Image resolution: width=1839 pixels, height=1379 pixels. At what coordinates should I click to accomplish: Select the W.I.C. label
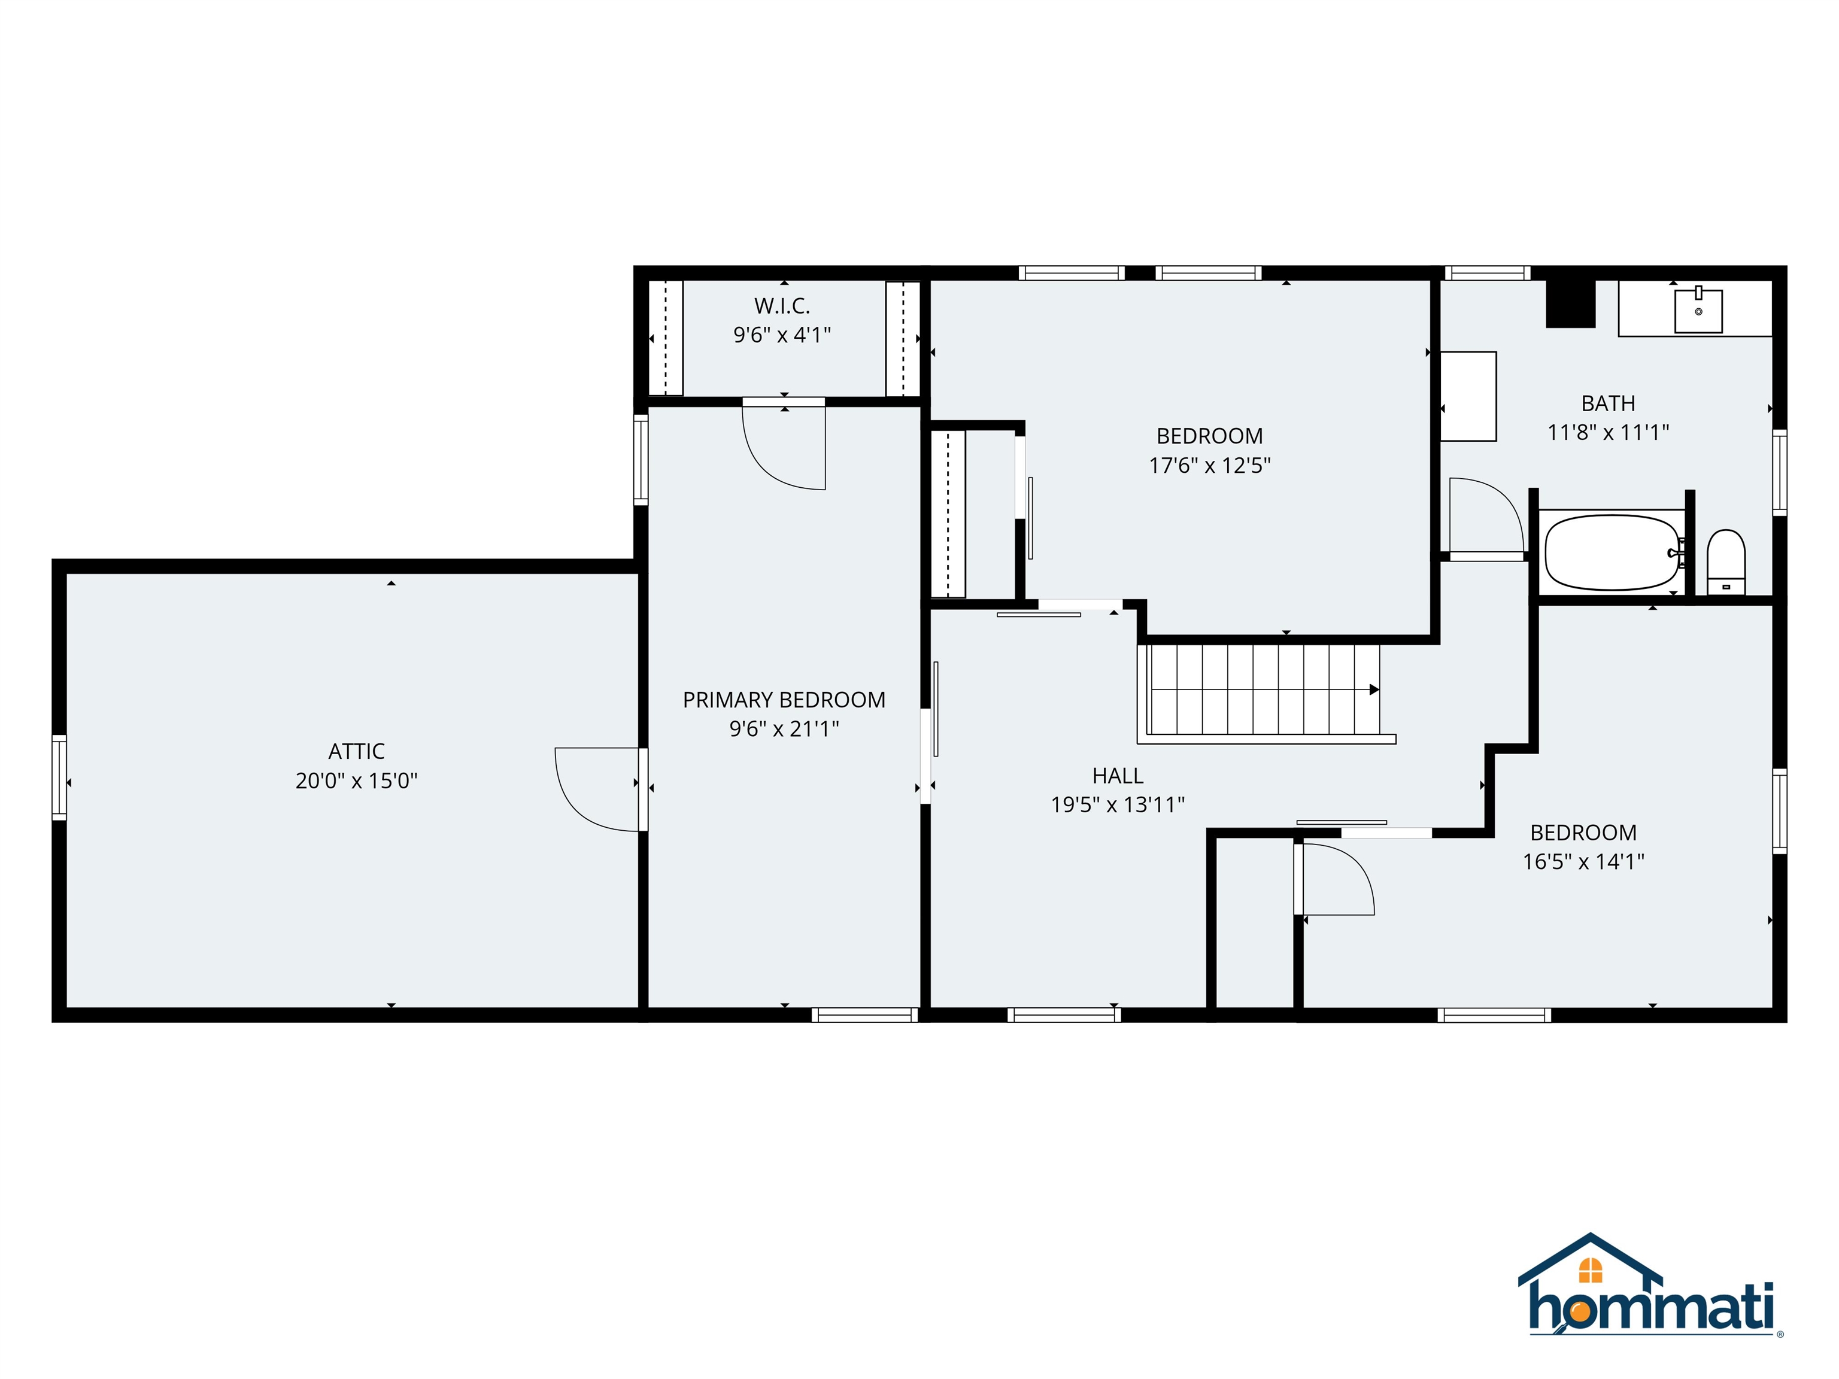click(x=781, y=306)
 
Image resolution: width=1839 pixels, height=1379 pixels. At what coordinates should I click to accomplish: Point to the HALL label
click(x=1118, y=776)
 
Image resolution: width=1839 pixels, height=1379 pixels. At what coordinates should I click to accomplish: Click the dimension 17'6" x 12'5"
click(x=1210, y=466)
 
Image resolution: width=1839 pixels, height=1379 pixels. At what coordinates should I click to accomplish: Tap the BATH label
click(x=1608, y=403)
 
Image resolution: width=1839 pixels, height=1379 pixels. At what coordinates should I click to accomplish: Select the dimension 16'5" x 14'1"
click(x=1583, y=861)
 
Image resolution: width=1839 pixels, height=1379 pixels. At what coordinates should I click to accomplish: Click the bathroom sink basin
click(x=1698, y=311)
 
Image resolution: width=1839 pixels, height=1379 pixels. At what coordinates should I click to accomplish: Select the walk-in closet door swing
click(x=773, y=461)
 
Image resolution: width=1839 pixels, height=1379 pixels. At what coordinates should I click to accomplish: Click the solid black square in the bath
click(x=1570, y=303)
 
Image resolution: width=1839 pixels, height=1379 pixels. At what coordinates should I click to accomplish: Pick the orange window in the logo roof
click(x=1591, y=1269)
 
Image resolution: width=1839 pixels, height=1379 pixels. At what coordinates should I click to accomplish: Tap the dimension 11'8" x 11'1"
click(x=1608, y=432)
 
